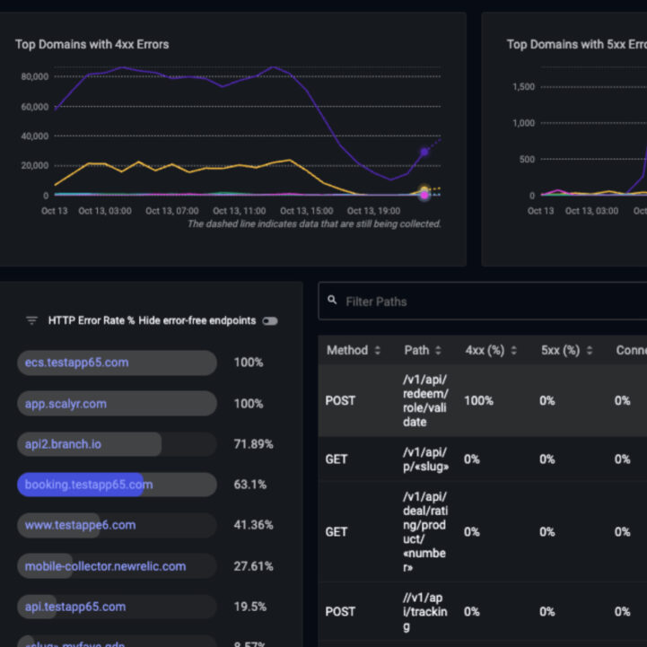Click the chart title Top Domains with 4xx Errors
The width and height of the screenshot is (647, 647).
(92, 44)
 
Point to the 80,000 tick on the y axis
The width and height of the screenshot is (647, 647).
(34, 76)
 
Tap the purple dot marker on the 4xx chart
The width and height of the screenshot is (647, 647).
(424, 152)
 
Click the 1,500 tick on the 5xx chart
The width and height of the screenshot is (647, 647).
(523, 87)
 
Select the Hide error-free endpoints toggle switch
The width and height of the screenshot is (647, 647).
(269, 320)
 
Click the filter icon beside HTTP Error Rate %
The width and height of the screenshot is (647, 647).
(31, 320)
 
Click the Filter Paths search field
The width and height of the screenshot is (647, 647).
(489, 302)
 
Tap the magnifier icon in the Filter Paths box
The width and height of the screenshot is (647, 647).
(332, 302)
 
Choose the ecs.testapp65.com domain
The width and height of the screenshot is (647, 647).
(76, 363)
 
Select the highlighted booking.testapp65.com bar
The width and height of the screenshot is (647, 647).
(88, 485)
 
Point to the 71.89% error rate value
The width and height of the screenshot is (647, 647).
(253, 444)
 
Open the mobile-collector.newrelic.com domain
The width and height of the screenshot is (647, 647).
(105, 566)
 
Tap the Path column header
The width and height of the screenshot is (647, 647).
(422, 350)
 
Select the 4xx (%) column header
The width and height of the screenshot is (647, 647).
(489, 350)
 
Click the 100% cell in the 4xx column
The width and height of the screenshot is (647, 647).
(478, 400)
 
